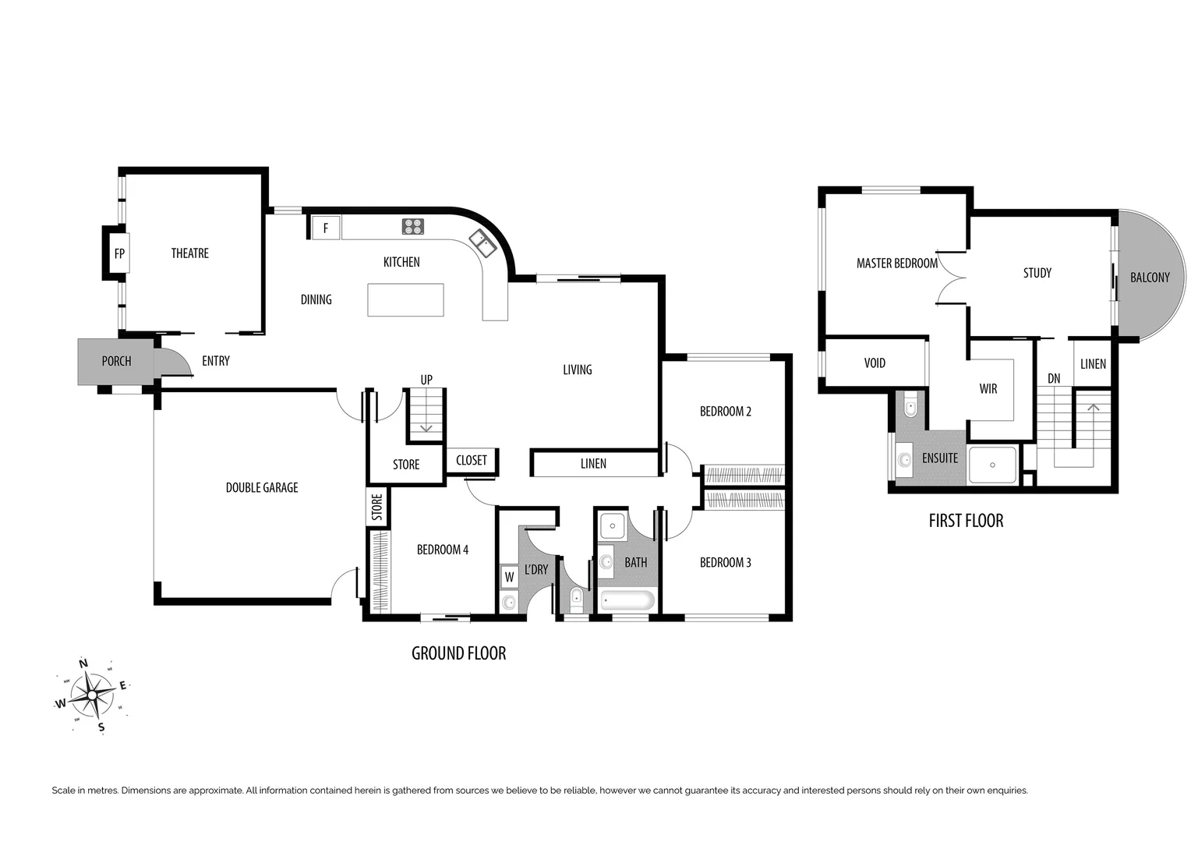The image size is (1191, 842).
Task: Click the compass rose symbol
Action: click(93, 694)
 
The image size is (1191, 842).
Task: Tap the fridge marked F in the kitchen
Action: click(325, 228)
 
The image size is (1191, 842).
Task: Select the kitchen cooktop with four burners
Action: click(413, 226)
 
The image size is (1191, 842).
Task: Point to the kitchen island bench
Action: click(405, 300)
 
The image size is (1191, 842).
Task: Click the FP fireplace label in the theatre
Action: click(119, 253)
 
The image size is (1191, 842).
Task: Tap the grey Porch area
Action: click(115, 361)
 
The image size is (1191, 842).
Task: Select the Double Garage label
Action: click(262, 487)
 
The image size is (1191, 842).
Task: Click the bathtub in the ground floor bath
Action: click(627, 600)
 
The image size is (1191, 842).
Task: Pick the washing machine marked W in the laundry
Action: click(509, 577)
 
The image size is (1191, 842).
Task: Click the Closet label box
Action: click(472, 461)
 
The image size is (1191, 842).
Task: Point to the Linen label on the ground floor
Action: click(593, 464)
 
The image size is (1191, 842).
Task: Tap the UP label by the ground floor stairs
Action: click(426, 380)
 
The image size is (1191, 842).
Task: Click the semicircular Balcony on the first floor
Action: click(1150, 277)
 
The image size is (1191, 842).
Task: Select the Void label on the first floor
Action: click(875, 363)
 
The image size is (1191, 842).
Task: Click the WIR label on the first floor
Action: click(988, 389)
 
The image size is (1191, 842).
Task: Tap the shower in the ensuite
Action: click(992, 465)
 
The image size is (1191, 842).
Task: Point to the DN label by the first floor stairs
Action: click(1054, 379)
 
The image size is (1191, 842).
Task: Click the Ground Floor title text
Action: click(458, 653)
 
